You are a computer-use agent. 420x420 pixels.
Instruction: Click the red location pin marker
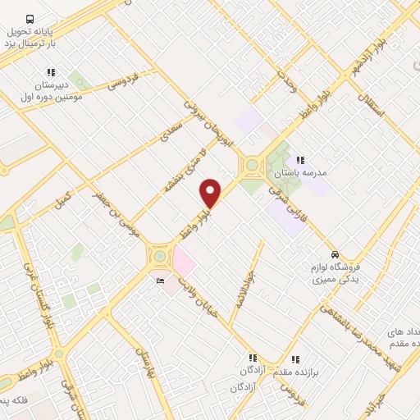[x=211, y=194]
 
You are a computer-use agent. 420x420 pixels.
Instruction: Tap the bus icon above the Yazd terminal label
[x=30, y=18]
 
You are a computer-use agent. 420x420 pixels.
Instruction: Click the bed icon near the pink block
[x=160, y=281]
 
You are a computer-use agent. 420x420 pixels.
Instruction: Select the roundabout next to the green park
[x=250, y=167]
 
